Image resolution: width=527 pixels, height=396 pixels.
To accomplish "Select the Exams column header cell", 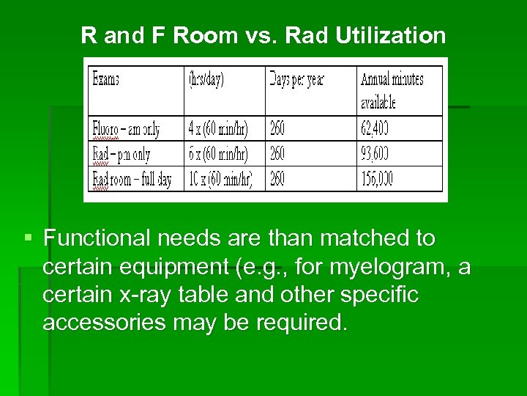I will [x=105, y=80].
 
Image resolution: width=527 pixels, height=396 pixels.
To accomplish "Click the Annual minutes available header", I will [x=391, y=89].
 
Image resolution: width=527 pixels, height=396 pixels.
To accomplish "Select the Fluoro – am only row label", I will [x=126, y=130].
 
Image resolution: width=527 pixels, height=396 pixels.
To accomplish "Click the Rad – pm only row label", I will [x=121, y=155].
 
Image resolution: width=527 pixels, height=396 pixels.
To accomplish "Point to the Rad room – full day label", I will [x=132, y=179].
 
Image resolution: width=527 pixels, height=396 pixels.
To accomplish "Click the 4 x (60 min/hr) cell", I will [x=218, y=130].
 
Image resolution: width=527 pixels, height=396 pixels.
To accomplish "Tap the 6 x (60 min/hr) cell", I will [x=218, y=155].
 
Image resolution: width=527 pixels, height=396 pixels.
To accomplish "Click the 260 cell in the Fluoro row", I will [x=277, y=130].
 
